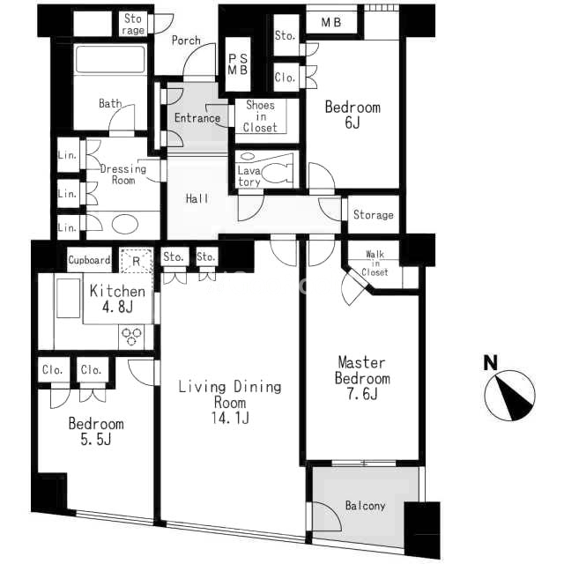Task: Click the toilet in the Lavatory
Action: click(276, 173)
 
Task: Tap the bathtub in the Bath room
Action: click(110, 59)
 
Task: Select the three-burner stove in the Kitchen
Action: click(131, 337)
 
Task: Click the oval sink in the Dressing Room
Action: click(125, 225)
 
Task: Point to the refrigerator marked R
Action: click(136, 260)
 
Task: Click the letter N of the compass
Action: click(490, 362)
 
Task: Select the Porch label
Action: click(186, 41)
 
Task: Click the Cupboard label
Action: click(89, 260)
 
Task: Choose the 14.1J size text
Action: click(230, 418)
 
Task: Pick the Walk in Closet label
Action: click(375, 263)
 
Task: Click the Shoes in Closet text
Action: click(260, 116)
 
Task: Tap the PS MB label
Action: click(238, 64)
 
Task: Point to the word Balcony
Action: click(365, 505)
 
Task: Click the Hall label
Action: click(197, 198)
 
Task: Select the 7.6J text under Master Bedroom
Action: click(362, 394)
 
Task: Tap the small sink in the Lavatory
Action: click(247, 157)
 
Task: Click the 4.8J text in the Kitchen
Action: click(117, 308)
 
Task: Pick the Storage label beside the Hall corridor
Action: click(374, 215)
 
